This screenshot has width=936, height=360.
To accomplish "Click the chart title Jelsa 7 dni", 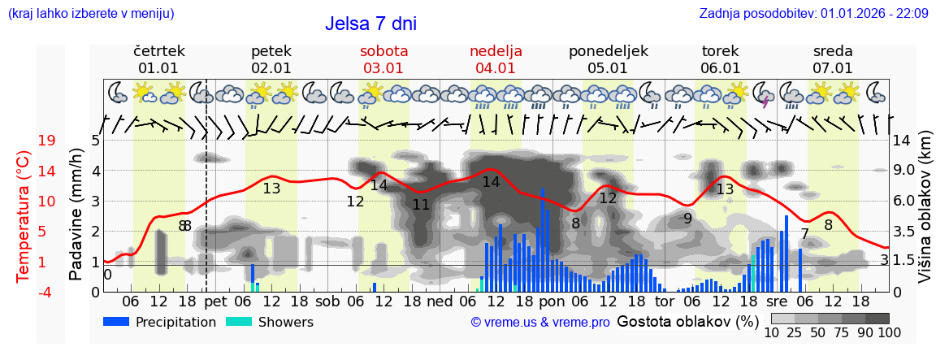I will [x=370, y=24].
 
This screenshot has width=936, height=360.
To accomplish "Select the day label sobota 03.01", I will [x=383, y=59].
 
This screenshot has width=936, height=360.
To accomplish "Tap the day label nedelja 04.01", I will [x=496, y=59].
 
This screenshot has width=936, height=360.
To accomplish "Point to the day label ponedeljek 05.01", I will [x=608, y=59].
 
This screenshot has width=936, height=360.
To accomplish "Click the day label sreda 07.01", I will [x=833, y=59].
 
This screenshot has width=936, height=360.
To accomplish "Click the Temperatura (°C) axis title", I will [x=24, y=216].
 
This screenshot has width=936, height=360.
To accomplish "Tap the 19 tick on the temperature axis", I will [x=46, y=141].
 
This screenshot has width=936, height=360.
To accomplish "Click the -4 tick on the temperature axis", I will [x=46, y=292].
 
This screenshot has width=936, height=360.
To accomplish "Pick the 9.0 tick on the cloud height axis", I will [x=903, y=171].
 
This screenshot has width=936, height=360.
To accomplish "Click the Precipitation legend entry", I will [x=160, y=322].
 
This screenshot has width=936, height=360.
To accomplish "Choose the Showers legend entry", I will [x=269, y=322].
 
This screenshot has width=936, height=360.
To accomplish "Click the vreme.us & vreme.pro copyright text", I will [x=540, y=322].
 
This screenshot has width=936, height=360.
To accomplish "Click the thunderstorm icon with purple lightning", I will [x=765, y=94].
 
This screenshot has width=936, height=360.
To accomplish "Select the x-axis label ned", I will [x=440, y=301].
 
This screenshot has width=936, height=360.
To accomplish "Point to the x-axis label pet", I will [x=215, y=301].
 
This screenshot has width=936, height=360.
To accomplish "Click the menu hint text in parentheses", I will [x=91, y=13].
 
